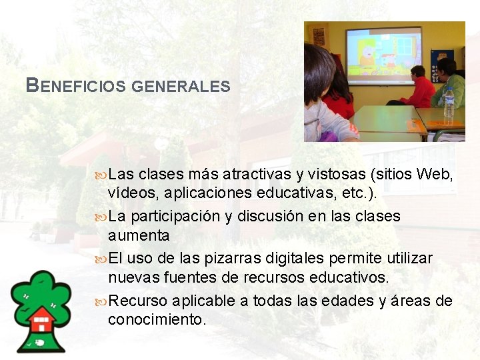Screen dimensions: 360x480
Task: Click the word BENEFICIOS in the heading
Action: coord(75,86)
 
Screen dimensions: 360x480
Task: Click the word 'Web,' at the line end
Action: coord(435,175)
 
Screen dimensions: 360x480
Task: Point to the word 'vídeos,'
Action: coord(131,193)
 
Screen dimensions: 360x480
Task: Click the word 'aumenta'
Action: coord(139,235)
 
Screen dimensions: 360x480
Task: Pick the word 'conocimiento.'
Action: coord(157,319)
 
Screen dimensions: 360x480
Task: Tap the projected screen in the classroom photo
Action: coord(383,54)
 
